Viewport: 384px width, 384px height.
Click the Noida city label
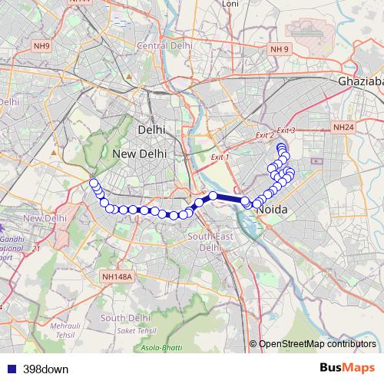click(x=274, y=209)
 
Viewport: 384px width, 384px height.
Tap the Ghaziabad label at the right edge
click(x=360, y=81)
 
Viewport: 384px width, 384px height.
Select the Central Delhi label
click(x=164, y=45)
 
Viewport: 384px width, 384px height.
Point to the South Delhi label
click(x=124, y=318)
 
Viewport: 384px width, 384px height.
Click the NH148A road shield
click(x=117, y=276)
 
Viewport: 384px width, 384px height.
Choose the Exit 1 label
click(x=220, y=157)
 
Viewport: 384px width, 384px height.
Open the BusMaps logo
click(x=346, y=368)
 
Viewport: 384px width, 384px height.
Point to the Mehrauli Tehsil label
click(x=65, y=331)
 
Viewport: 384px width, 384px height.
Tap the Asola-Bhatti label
click(x=161, y=348)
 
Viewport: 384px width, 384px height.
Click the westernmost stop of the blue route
click(x=94, y=183)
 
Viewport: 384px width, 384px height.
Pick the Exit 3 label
click(x=286, y=131)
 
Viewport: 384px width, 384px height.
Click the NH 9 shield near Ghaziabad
click(x=280, y=50)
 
